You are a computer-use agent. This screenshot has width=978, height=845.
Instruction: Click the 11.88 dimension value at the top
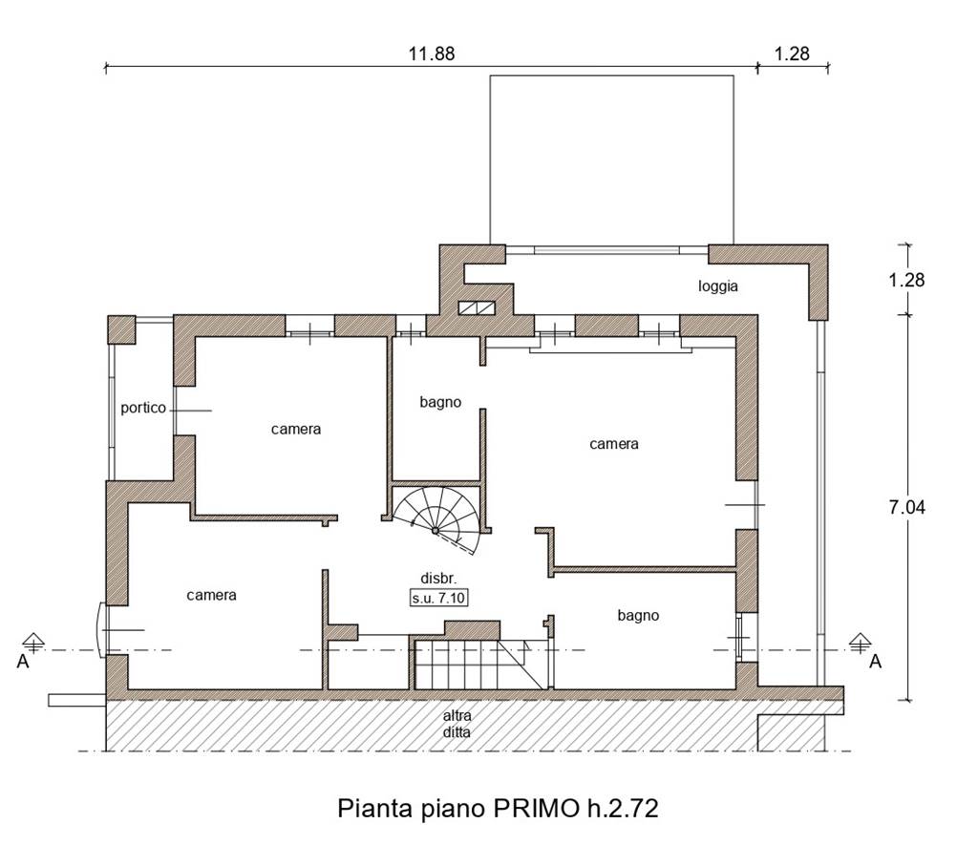pos(432,54)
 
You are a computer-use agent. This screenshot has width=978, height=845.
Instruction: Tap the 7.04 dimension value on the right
pos(907,508)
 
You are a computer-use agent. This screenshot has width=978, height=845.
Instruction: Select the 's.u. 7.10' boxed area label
pos(438,598)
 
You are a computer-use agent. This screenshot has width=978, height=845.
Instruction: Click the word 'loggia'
pos(718,286)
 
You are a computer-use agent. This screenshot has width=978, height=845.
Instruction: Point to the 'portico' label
pos(143,408)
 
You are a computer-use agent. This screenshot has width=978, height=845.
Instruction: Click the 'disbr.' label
pos(438,579)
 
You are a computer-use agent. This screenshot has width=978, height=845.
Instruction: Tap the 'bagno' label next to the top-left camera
pos(440,403)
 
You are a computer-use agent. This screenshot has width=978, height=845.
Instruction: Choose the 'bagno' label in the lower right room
pos(638,616)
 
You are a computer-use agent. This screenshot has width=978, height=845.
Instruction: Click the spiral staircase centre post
pos(436,530)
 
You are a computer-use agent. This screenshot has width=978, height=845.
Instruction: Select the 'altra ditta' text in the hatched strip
pos(457,724)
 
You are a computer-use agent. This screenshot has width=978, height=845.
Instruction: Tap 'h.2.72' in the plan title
pos(622,809)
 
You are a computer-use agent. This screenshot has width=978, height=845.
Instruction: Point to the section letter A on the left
pos(23,662)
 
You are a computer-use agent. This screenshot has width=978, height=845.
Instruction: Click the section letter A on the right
pos(876,662)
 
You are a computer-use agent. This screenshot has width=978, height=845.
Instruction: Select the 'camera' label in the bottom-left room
pos(211,596)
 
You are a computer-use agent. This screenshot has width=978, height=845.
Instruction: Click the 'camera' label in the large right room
pos(614,444)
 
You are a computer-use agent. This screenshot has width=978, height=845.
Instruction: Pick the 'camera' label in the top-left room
pos(296,429)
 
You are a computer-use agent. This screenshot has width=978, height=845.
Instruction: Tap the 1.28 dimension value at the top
pos(792,54)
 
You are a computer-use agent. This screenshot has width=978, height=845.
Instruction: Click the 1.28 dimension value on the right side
pos(907,280)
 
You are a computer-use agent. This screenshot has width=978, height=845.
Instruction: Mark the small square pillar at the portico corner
pos(121,329)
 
